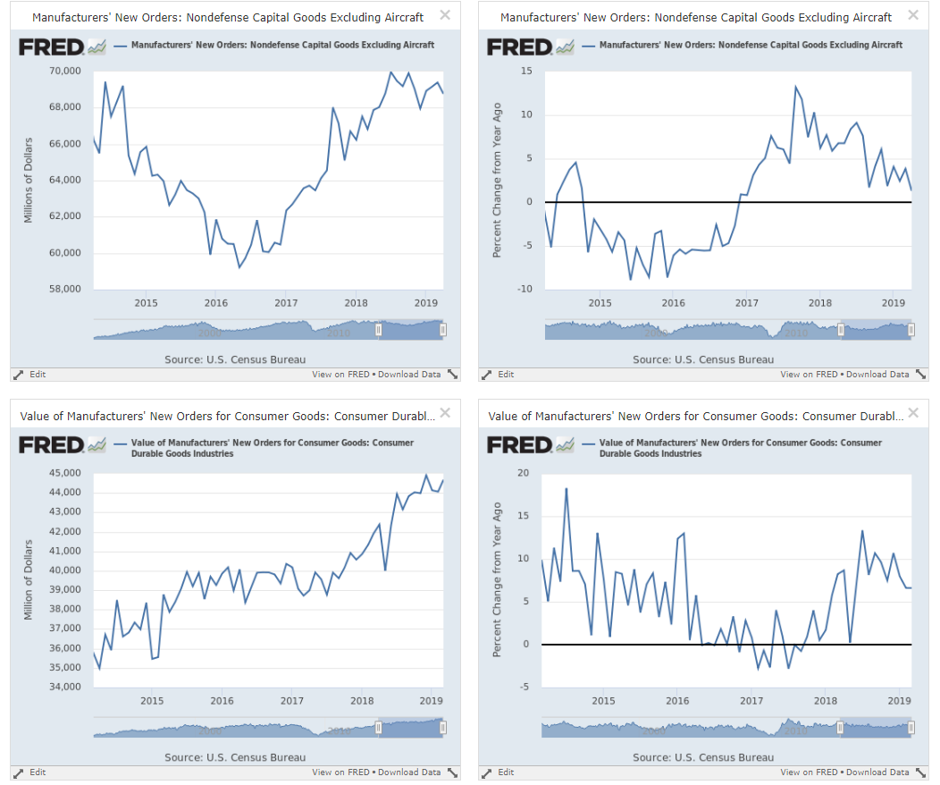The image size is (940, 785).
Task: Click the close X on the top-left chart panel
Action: coord(445,15)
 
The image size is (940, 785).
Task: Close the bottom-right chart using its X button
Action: coord(912,413)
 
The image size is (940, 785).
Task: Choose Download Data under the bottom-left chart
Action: coord(409,772)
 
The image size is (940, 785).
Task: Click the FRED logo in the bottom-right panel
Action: coord(519,445)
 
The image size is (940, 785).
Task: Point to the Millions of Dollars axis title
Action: coord(29,180)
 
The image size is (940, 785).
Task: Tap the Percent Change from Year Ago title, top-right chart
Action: coord(498,180)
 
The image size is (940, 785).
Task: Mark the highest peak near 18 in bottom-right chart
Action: coord(567,489)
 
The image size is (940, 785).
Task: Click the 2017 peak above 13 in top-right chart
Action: coord(795,87)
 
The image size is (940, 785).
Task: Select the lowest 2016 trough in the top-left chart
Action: coord(239,266)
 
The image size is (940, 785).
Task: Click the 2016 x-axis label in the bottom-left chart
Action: coord(222,701)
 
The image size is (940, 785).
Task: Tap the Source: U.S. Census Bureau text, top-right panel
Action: coord(703,359)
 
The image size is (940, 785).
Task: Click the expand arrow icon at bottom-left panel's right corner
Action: coord(452,772)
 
